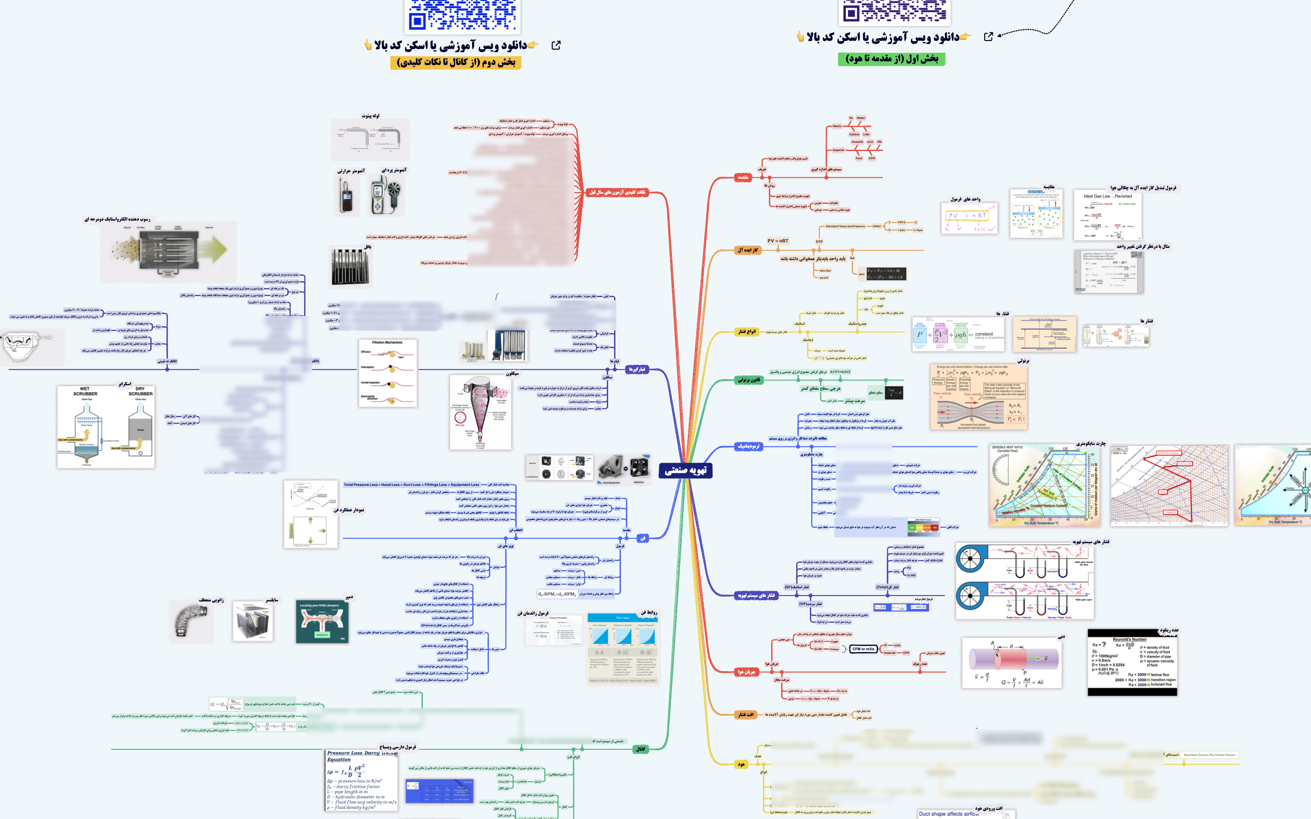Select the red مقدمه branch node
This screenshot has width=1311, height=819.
[743, 177]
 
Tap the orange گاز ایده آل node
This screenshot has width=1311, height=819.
[747, 250]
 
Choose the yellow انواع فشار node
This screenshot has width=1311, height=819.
[747, 332]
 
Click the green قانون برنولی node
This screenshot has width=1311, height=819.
[749, 380]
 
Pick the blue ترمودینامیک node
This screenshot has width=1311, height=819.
[748, 446]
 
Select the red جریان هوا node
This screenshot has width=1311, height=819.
[747, 672]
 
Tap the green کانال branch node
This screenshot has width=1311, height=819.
[641, 749]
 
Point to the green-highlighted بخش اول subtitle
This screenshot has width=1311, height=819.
[891, 59]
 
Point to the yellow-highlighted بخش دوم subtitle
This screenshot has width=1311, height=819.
[456, 62]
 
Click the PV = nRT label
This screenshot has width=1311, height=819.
[777, 241]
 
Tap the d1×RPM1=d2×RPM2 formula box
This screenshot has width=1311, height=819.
[557, 594]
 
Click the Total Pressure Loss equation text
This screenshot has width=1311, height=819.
[411, 485]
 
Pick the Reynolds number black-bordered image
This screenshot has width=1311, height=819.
[1132, 662]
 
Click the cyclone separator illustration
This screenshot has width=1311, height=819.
[480, 412]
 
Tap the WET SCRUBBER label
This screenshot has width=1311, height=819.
[85, 391]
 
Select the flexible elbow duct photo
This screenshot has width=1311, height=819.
[191, 621]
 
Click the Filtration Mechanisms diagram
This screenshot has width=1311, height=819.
[387, 373]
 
